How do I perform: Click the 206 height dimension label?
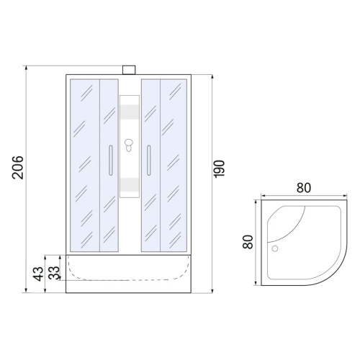coord(18,168)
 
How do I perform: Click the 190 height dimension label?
coord(219,169)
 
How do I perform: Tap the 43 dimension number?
coord(38,274)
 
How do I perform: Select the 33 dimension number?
coord(54,273)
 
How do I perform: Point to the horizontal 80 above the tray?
coord(304,188)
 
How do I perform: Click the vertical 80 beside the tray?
coord(248,242)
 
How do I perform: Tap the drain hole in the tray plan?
coord(275,248)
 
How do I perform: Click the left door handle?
coord(111,160)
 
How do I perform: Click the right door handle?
coord(149,160)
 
